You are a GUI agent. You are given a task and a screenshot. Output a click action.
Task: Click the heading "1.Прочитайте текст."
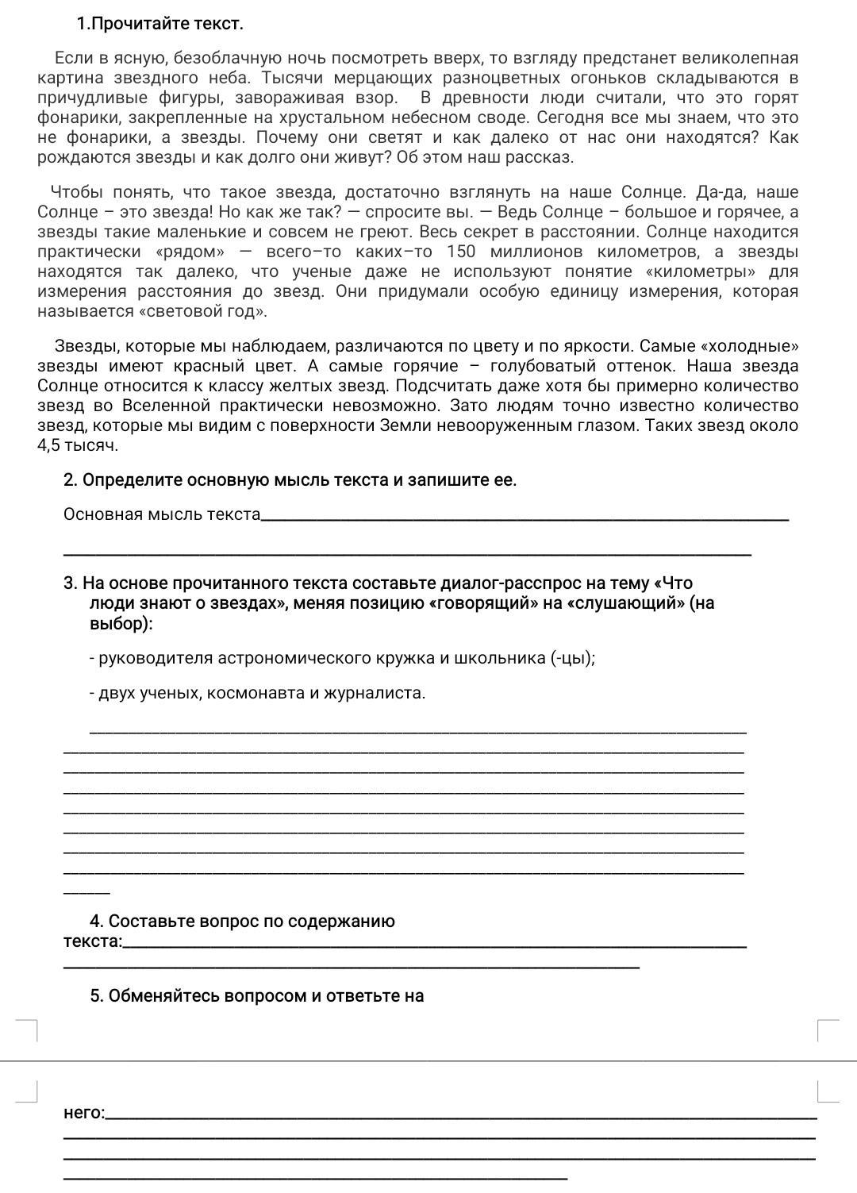pos(159,24)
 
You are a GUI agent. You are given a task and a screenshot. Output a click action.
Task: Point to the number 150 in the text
pos(461,252)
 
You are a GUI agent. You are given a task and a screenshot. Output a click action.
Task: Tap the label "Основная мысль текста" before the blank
pos(162,514)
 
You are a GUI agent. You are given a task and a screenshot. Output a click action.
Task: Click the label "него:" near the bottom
pos(83,1113)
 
